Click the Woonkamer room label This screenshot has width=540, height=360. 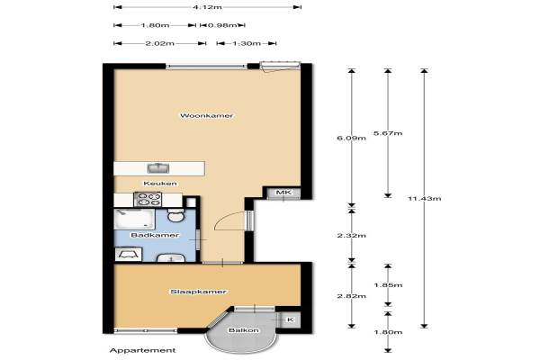coord(207,116)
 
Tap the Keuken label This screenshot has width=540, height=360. coord(160,184)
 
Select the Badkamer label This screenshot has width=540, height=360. coord(155,235)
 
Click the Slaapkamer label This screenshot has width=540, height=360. coord(198,292)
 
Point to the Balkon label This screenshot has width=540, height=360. coord(244,330)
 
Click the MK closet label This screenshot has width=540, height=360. coord(283,193)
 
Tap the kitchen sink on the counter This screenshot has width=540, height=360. coord(158,168)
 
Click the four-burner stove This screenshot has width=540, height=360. coord(148,200)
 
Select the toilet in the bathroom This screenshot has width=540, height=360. coord(176,215)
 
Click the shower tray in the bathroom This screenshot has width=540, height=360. coord(134,219)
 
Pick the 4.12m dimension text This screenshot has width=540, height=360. coord(207,7)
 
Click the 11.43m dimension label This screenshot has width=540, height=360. coord(424,198)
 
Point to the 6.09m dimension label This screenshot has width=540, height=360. coord(351,138)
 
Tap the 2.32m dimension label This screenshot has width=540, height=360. coord(351,236)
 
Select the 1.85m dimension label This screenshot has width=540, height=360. coord(388,285)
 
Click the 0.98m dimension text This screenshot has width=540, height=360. coord(223,25)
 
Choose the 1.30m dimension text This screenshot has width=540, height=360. coord(247,43)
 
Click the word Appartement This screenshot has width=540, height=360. coord(142,350)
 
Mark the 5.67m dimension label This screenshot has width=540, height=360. coord(388,133)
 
